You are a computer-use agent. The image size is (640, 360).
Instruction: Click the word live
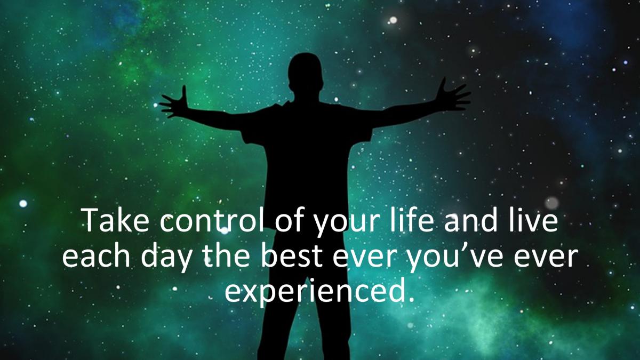(x=533, y=220)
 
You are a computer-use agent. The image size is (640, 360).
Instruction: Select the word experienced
(x=315, y=294)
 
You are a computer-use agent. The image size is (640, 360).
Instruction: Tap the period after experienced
(x=411, y=299)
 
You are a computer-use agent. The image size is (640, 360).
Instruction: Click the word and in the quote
(x=471, y=220)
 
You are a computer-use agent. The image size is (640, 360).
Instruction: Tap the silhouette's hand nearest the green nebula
(x=174, y=103)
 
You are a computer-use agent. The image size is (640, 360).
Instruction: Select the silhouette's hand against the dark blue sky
(x=454, y=95)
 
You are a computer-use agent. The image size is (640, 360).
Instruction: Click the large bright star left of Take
(x=23, y=203)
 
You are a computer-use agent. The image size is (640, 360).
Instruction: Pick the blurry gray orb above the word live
(x=551, y=203)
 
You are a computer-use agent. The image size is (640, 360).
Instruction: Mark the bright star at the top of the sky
(x=393, y=20)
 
